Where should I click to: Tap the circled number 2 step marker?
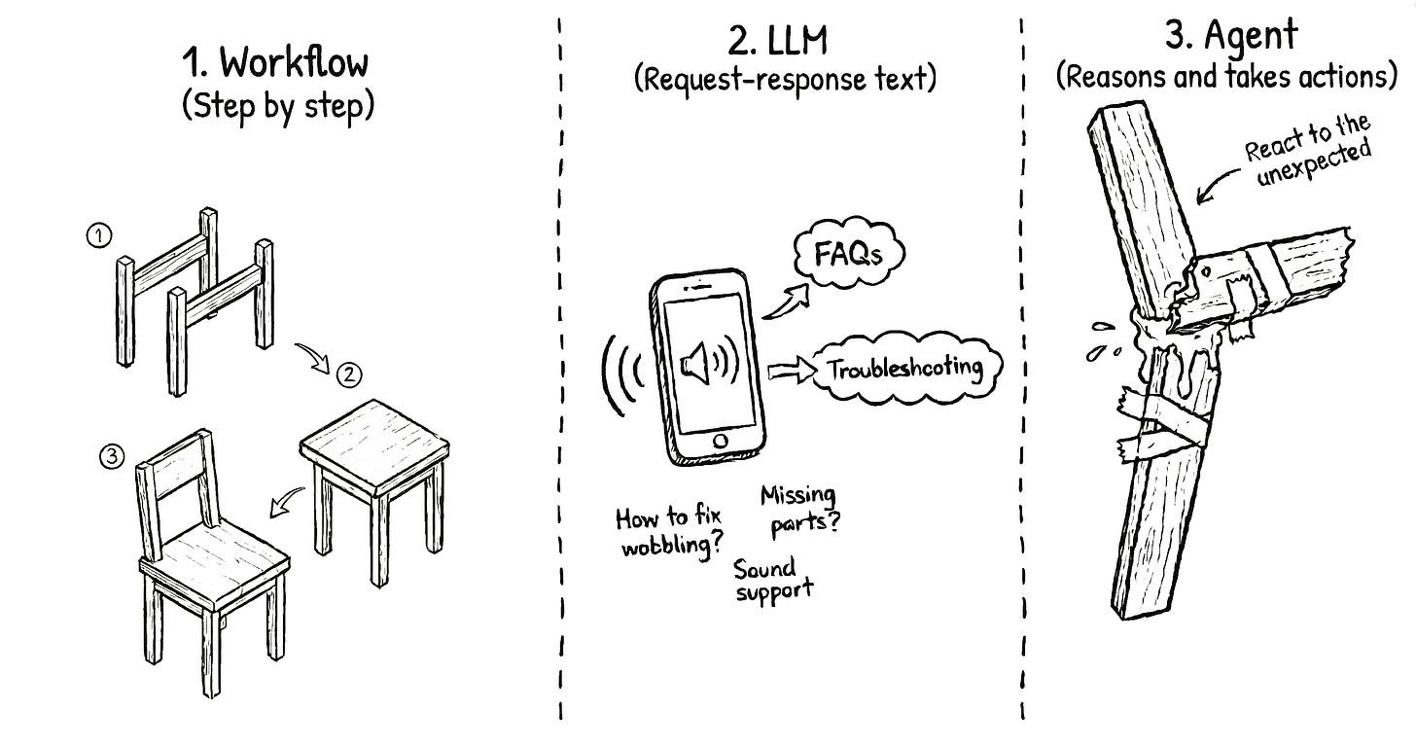tap(346, 373)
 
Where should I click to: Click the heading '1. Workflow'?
tap(276, 64)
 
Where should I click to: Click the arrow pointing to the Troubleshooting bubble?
tap(787, 371)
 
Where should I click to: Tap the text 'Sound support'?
tap(774, 579)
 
